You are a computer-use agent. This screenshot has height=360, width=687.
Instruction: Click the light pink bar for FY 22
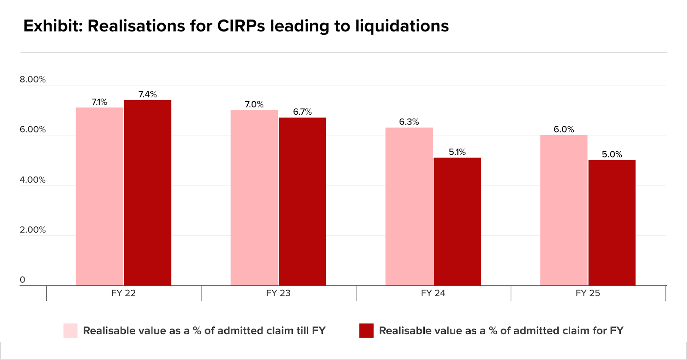pos(99,196)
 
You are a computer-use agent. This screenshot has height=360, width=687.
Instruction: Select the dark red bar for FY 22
pos(148,193)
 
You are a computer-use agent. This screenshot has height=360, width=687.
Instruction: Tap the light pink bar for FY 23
pos(254,198)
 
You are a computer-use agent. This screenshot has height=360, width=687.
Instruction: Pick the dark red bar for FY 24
pos(457,222)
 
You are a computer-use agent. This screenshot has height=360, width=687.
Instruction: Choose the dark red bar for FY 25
pos(612,223)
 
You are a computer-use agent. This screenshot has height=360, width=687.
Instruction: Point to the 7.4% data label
pos(148,94)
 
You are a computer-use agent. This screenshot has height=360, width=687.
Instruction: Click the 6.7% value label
pos(302,112)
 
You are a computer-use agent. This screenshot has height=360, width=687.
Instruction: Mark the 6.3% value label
pos(409,122)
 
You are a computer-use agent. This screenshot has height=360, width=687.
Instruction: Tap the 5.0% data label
pos(612,154)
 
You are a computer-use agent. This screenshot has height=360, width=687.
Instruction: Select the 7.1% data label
pos(99,102)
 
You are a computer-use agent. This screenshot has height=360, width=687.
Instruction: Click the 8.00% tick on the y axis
pos(33,79)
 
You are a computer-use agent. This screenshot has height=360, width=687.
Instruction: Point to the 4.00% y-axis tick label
pos(33,180)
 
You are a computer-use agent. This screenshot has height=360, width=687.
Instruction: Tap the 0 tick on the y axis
pos(22,280)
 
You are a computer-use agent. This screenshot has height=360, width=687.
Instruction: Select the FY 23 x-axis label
pos(278,293)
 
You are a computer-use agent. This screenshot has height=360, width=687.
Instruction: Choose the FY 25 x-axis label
pos(588,293)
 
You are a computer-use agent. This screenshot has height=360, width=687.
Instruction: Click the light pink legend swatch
pos(70,330)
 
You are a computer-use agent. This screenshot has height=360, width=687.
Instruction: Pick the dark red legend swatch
pos(367,330)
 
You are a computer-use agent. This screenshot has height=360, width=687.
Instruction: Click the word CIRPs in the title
pos(241,26)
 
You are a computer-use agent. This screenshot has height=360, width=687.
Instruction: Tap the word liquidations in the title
pos(402,26)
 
